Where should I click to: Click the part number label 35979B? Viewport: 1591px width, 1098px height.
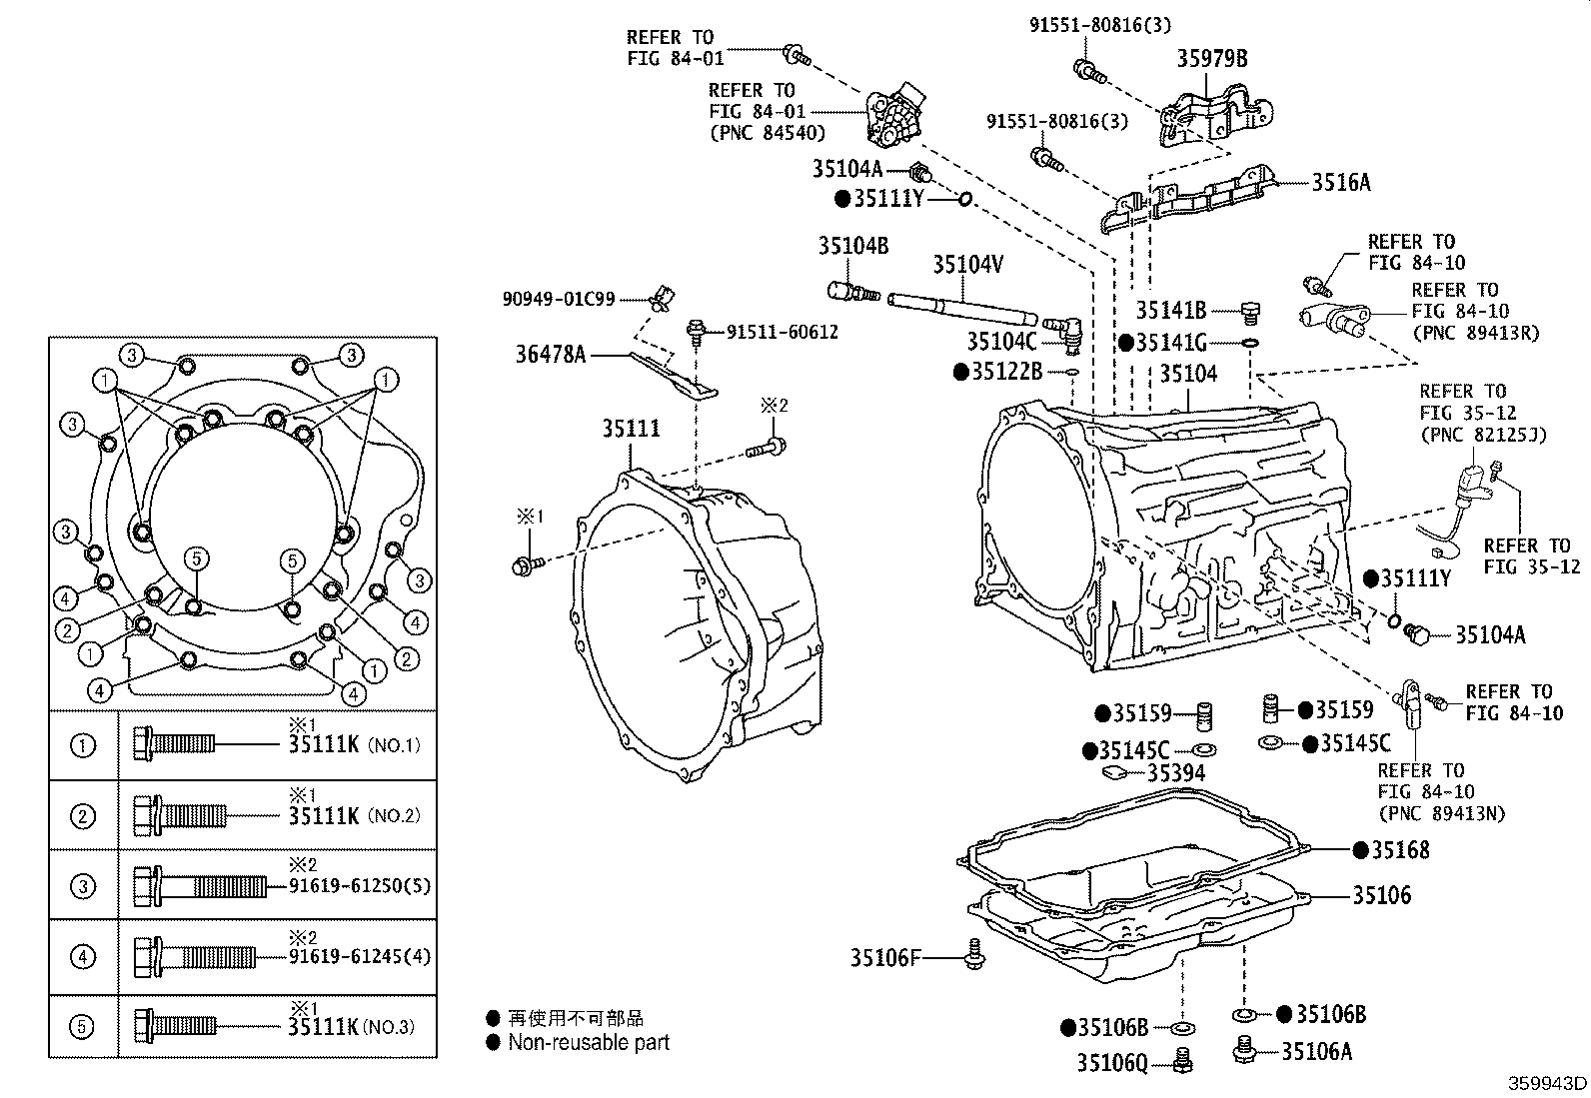(x=1211, y=58)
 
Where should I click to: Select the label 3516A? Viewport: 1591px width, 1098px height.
(x=1340, y=182)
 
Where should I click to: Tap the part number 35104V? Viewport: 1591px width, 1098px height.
(x=966, y=264)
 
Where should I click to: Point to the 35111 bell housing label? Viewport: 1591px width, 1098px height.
(x=631, y=428)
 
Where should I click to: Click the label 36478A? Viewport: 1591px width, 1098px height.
(x=551, y=353)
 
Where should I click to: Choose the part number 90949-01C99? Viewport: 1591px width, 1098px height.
(x=559, y=299)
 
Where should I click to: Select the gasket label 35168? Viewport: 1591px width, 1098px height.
(x=1399, y=850)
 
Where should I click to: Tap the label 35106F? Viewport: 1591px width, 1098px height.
(x=883, y=958)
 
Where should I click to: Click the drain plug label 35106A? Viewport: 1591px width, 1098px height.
(x=1316, y=1051)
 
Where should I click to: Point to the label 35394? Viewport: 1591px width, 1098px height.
(x=1175, y=773)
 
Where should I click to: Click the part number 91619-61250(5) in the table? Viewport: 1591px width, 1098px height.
(x=360, y=886)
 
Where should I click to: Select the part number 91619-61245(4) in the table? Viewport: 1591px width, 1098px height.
(x=360, y=957)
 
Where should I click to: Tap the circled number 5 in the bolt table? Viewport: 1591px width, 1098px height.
(x=83, y=1026)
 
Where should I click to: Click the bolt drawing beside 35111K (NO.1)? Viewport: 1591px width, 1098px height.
(x=174, y=744)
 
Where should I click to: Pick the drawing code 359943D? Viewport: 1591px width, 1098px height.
(x=1547, y=1083)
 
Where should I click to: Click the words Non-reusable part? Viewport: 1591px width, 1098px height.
(x=589, y=1042)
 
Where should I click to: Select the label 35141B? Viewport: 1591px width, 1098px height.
(x=1170, y=311)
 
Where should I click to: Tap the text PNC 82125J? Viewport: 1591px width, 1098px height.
(x=1483, y=436)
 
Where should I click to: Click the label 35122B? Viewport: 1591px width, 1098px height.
(x=1007, y=372)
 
